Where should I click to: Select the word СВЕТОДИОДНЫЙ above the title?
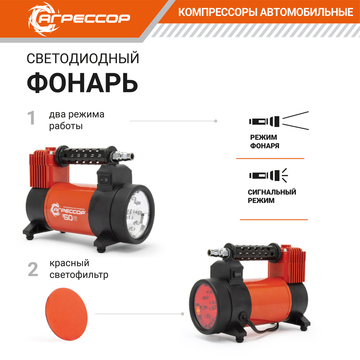tap(82, 59)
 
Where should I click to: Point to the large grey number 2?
tap(33, 269)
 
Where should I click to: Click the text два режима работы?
tap(77, 120)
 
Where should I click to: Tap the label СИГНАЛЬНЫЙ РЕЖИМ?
tap(272, 196)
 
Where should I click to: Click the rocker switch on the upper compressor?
tap(106, 180)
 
